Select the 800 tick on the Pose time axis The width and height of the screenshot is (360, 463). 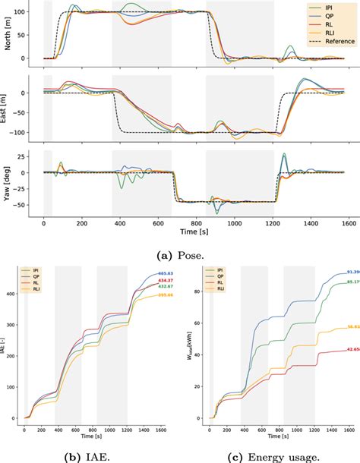click(x=196, y=225)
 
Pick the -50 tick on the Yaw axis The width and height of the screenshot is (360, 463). click(x=33, y=205)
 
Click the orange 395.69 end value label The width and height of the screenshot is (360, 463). click(x=166, y=294)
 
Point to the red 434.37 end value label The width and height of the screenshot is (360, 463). click(x=166, y=281)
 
